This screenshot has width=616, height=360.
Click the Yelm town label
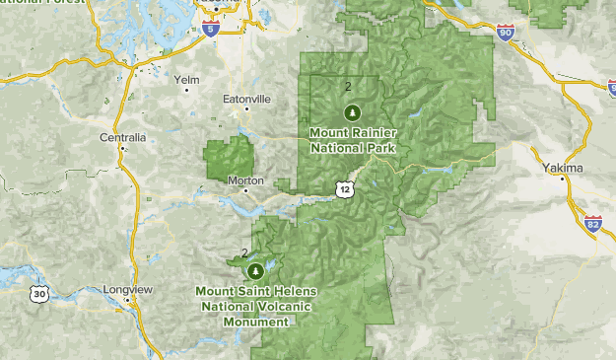coord(185,79)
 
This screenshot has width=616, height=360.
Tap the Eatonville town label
coord(245,99)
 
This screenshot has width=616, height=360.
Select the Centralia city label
coord(123,137)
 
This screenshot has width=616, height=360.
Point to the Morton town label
coord(245,180)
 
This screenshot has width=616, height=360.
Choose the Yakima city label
coord(563,168)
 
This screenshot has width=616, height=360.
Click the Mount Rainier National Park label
coord(353,139)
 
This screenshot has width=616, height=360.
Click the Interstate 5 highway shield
coord(210,31)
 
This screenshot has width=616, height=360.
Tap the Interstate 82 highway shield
coord(592,226)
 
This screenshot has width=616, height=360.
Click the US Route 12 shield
coord(342,187)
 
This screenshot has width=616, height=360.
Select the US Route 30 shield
coord(37,294)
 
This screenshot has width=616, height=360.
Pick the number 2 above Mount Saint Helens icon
coord(243,253)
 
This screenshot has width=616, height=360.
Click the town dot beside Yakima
coord(563,180)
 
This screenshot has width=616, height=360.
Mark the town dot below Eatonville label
coord(246,109)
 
